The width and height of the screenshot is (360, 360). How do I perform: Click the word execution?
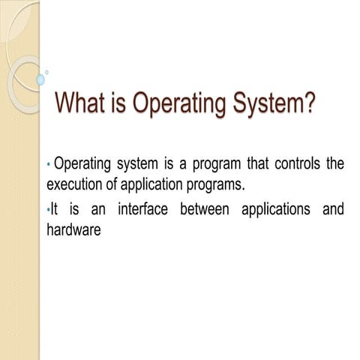click(x=75, y=184)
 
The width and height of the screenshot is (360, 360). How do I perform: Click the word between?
click(x=205, y=211)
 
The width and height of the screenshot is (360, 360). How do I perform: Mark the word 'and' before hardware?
click(x=332, y=211)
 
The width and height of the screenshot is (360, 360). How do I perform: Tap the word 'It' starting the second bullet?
click(x=54, y=211)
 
